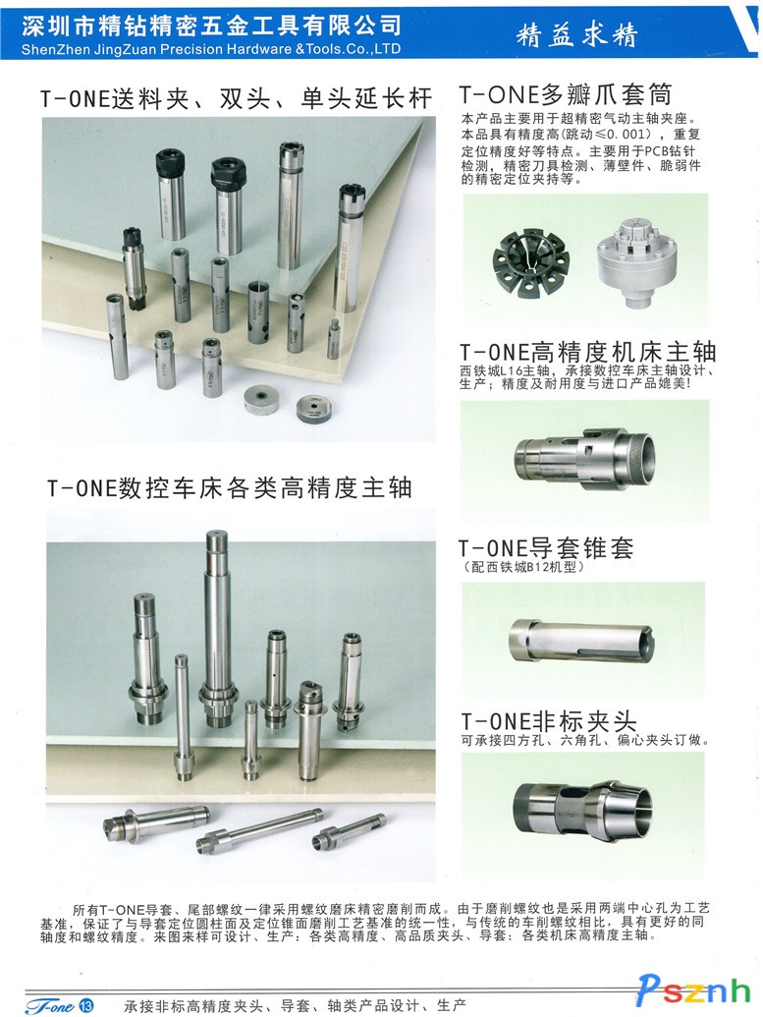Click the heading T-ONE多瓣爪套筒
pos(566,94)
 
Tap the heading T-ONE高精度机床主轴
pos(588,352)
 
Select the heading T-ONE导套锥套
pos(546,548)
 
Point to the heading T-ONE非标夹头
pos(548,720)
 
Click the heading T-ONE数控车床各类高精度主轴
pos(230,487)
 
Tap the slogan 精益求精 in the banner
pos(577,34)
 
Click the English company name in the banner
pos(211,49)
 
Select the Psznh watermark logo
pos(693,989)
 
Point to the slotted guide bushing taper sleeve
pos(582,640)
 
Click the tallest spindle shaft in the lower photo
pos(216,628)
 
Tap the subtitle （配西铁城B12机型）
pos(524,567)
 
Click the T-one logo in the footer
pos(50,1006)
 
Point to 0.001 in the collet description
pos(625,135)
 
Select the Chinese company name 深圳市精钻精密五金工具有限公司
pos(211,26)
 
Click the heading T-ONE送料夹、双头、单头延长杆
pos(236,98)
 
